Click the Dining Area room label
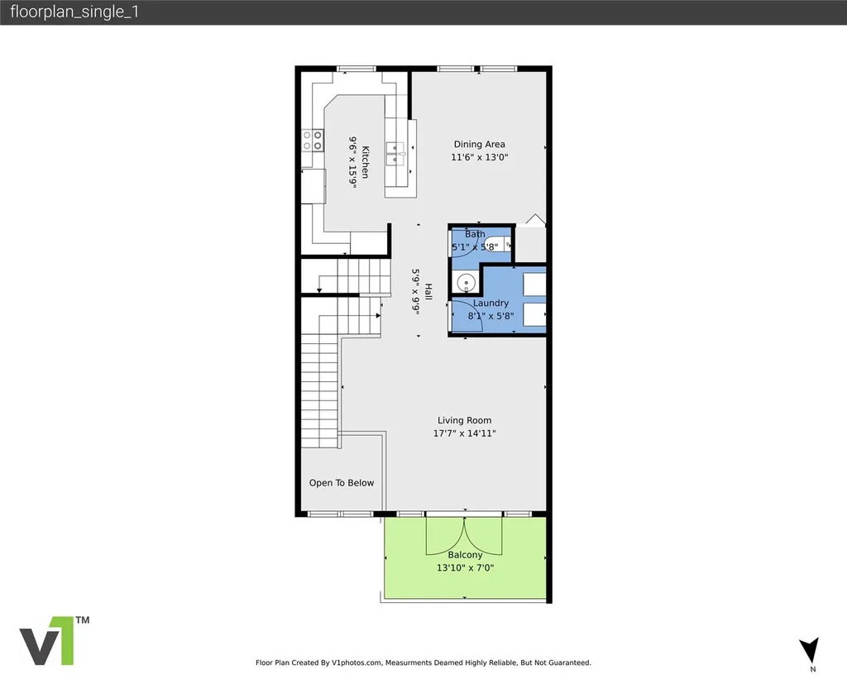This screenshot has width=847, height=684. [x=479, y=144]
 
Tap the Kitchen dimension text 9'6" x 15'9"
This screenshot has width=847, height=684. [x=352, y=162]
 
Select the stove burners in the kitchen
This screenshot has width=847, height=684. [x=312, y=141]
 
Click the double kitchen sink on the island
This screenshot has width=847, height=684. [x=395, y=154]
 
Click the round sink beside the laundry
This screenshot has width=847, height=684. [x=466, y=282]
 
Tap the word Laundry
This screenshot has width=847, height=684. [x=490, y=303]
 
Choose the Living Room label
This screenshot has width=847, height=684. [x=465, y=420]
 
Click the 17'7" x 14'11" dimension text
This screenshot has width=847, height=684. [x=465, y=433]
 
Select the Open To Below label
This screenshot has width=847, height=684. [x=342, y=483]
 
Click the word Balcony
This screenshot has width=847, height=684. [x=465, y=555]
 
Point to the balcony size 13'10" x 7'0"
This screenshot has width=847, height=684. [x=465, y=568]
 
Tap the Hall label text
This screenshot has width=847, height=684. [x=428, y=292]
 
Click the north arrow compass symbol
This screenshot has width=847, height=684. [x=809, y=650]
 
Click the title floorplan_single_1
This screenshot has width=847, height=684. [x=74, y=12]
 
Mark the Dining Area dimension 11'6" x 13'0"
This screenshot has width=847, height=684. [x=480, y=158]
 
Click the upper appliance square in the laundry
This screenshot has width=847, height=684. [x=534, y=285]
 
